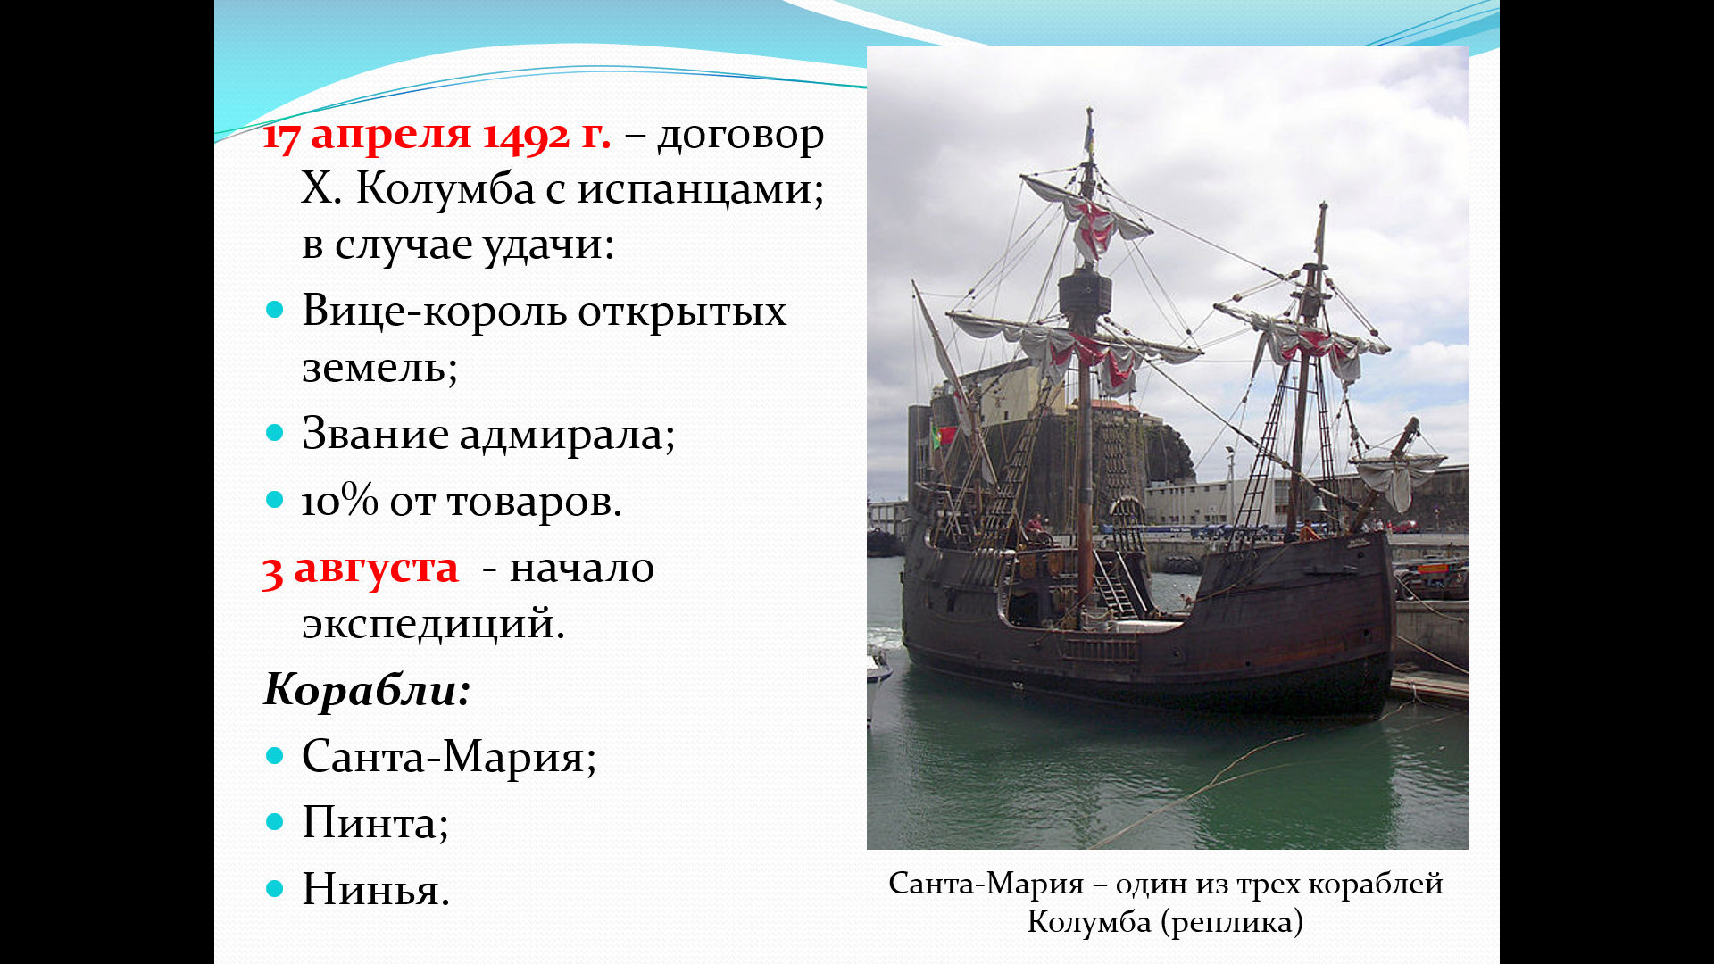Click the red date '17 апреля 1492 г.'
(x=437, y=136)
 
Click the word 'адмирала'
(x=567, y=435)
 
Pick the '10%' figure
(x=340, y=501)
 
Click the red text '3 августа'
(x=361, y=569)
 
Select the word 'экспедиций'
(x=433, y=623)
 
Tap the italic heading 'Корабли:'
(x=367, y=689)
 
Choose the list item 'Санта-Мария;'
(x=449, y=757)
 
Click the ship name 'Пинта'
(x=370, y=823)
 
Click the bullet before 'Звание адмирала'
(x=275, y=434)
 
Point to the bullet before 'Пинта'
(x=275, y=822)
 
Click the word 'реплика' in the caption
(x=1232, y=922)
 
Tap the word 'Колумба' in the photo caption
(x=1089, y=922)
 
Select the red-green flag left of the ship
(x=944, y=436)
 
